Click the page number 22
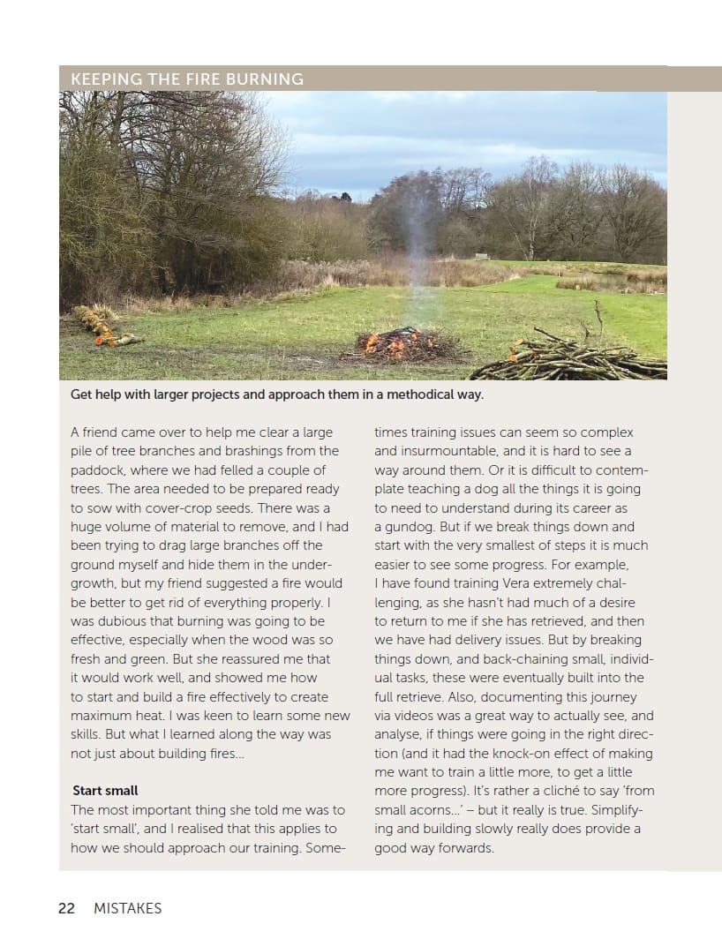point(66,908)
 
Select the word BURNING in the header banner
point(265,79)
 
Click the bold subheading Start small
point(105,791)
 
